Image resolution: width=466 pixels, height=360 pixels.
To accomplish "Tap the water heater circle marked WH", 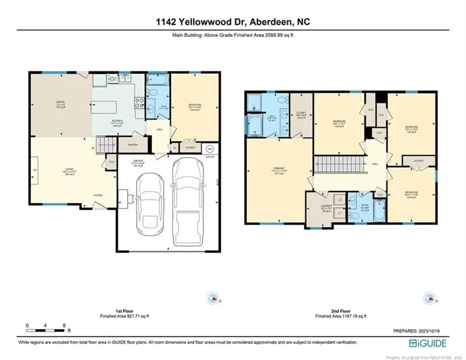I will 210,147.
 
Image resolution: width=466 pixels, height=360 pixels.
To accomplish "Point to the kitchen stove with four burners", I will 139,102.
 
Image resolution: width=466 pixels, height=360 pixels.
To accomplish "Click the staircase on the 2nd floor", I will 336,165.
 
